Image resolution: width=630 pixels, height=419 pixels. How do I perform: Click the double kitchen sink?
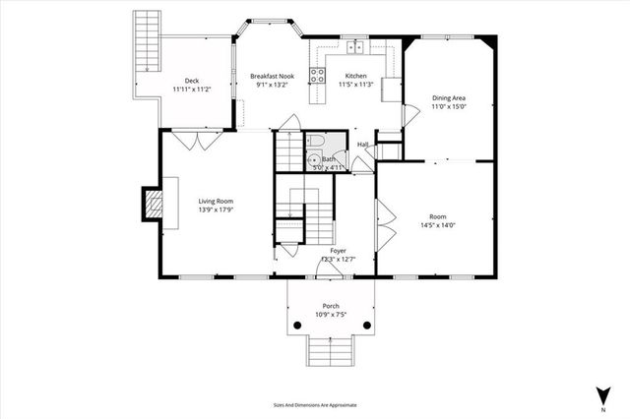[353, 46]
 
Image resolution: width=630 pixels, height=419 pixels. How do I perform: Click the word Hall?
[362, 145]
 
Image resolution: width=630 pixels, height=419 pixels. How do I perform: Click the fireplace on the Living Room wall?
[153, 204]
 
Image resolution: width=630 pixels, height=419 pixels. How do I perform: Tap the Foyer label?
[338, 251]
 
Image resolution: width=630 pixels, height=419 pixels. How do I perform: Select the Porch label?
[330, 306]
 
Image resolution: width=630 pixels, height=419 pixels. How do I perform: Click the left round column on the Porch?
[295, 326]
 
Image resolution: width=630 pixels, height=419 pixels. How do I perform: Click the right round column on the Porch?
[365, 326]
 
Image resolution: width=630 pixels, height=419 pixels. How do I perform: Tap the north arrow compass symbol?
[599, 394]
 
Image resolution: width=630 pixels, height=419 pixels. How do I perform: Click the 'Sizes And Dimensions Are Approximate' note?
[315, 404]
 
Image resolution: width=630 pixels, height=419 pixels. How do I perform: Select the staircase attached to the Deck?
[147, 40]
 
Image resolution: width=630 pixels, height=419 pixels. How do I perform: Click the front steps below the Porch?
[330, 350]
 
